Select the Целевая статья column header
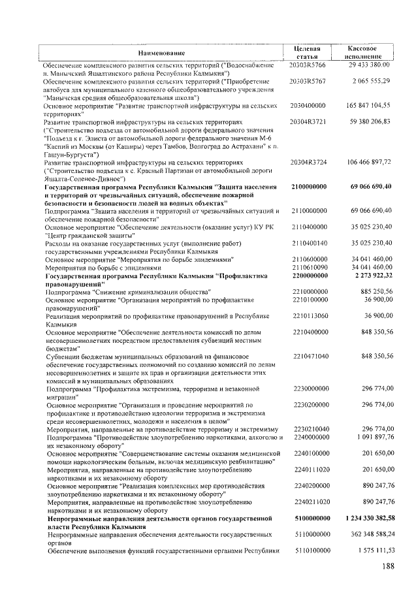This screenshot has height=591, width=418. coord(308,53)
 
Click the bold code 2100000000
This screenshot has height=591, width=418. coord(309,187)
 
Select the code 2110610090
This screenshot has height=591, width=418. coord(309,268)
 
